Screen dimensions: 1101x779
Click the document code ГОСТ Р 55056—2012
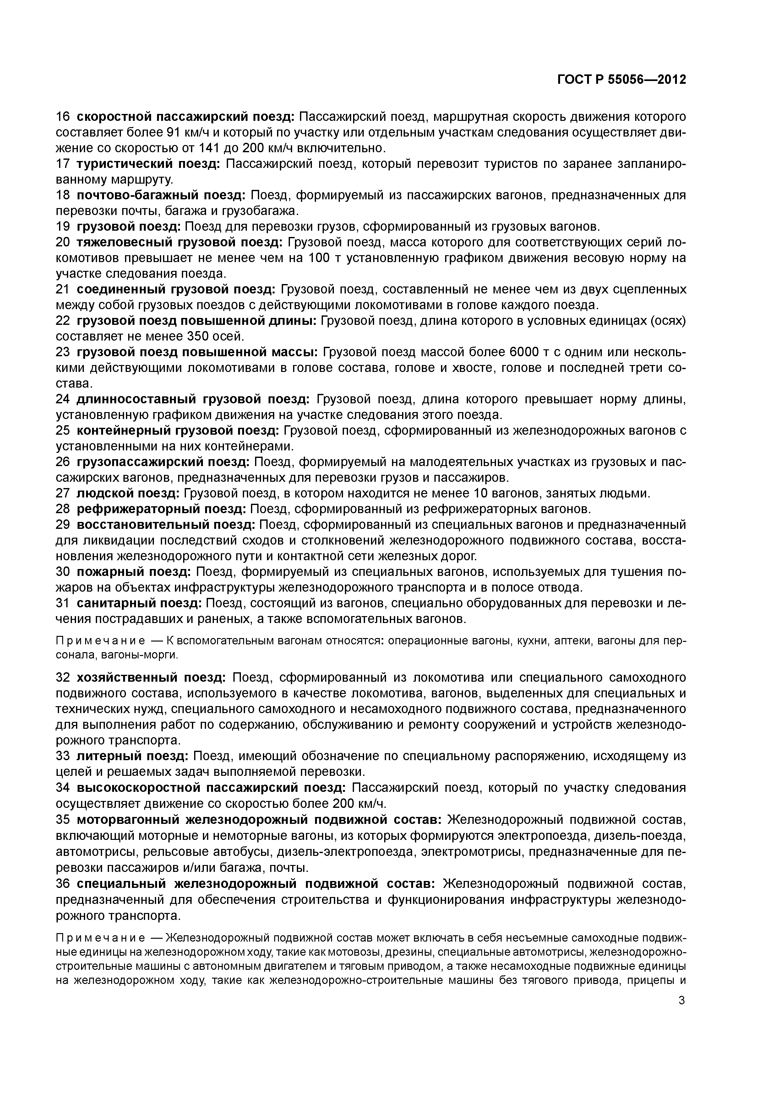[622, 80]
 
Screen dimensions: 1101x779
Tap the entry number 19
[63, 226]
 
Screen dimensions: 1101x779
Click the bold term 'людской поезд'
[128, 493]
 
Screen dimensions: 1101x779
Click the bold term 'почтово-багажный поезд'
[161, 195]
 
